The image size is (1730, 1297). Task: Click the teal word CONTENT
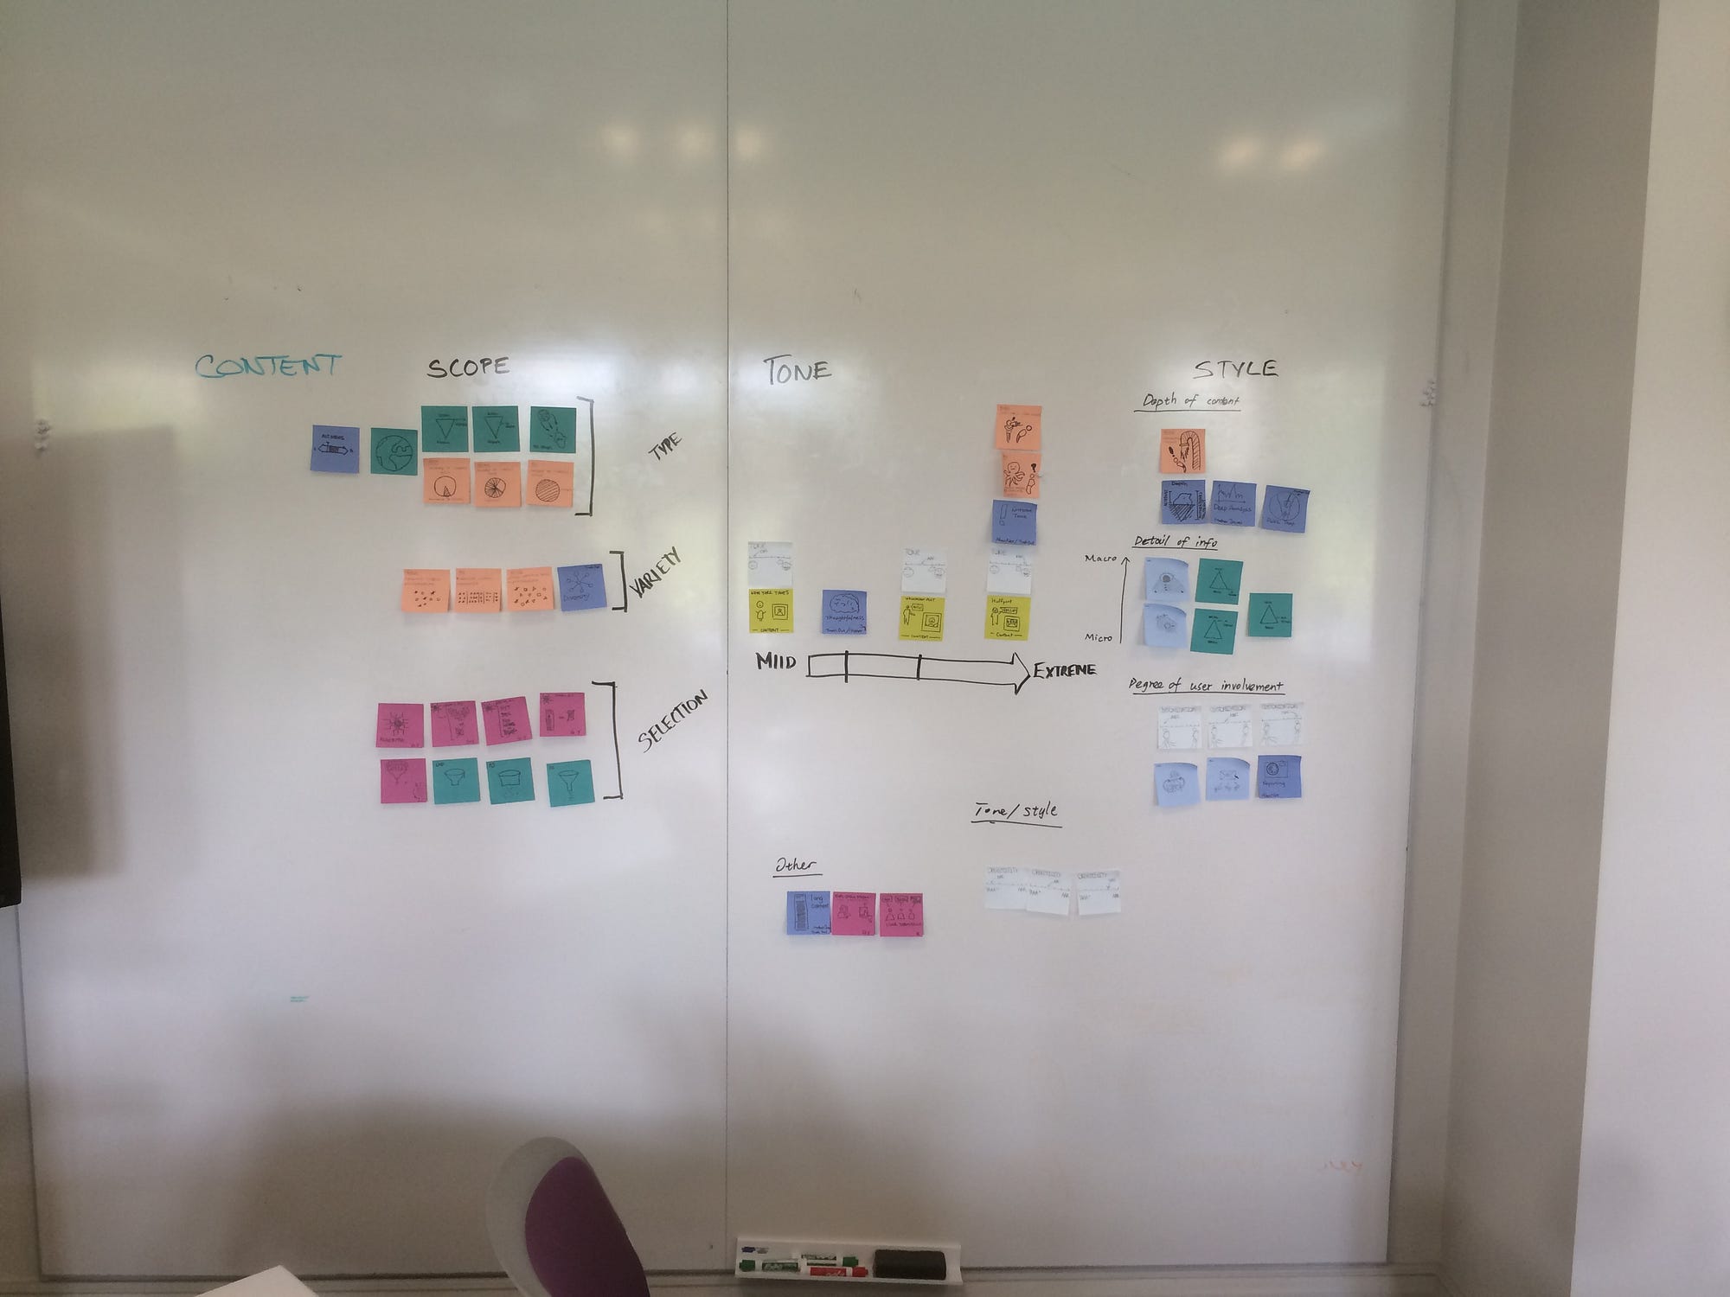[x=267, y=366]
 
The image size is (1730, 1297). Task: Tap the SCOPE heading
[x=467, y=367]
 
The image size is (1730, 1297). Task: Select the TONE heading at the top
[x=797, y=371]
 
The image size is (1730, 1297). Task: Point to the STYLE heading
[x=1235, y=368]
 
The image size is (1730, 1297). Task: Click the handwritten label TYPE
[x=664, y=446]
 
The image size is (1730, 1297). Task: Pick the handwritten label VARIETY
[x=656, y=574]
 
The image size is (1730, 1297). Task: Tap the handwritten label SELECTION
[x=673, y=720]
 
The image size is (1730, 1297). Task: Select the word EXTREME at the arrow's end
[x=1064, y=670]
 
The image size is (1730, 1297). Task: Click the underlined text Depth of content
[x=1190, y=401]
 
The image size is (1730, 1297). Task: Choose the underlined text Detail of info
[x=1176, y=542]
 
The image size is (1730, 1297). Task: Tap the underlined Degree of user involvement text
[x=1206, y=686]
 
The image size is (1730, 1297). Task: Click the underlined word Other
[x=796, y=866]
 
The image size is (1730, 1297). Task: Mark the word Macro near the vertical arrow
[x=1100, y=559]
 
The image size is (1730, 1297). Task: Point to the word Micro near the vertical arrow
[x=1099, y=637]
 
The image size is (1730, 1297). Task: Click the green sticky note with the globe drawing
[x=394, y=451]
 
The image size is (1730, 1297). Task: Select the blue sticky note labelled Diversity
[x=581, y=589]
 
